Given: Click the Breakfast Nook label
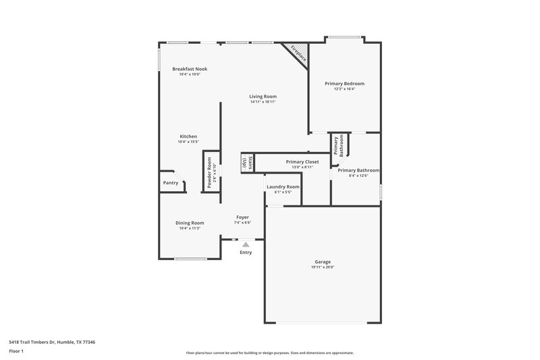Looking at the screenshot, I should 190,69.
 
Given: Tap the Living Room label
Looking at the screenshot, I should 263,97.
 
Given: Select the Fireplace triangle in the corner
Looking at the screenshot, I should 298,53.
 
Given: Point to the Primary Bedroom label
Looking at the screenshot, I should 344,83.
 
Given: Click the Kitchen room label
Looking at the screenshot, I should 188,136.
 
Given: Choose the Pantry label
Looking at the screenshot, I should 171,182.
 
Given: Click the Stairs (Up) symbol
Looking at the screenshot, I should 247,162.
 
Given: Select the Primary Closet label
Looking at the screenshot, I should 302,162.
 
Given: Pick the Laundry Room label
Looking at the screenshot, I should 283,186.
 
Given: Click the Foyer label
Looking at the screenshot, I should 242,217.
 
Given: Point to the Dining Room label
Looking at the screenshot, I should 190,223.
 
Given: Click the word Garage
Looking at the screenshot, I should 322,261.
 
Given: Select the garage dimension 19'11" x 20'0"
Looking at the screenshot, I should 322,267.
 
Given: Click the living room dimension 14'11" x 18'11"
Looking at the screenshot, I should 263,102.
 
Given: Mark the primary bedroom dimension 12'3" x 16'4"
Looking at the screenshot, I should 344,88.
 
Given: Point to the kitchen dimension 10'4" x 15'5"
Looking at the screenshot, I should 188,142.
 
